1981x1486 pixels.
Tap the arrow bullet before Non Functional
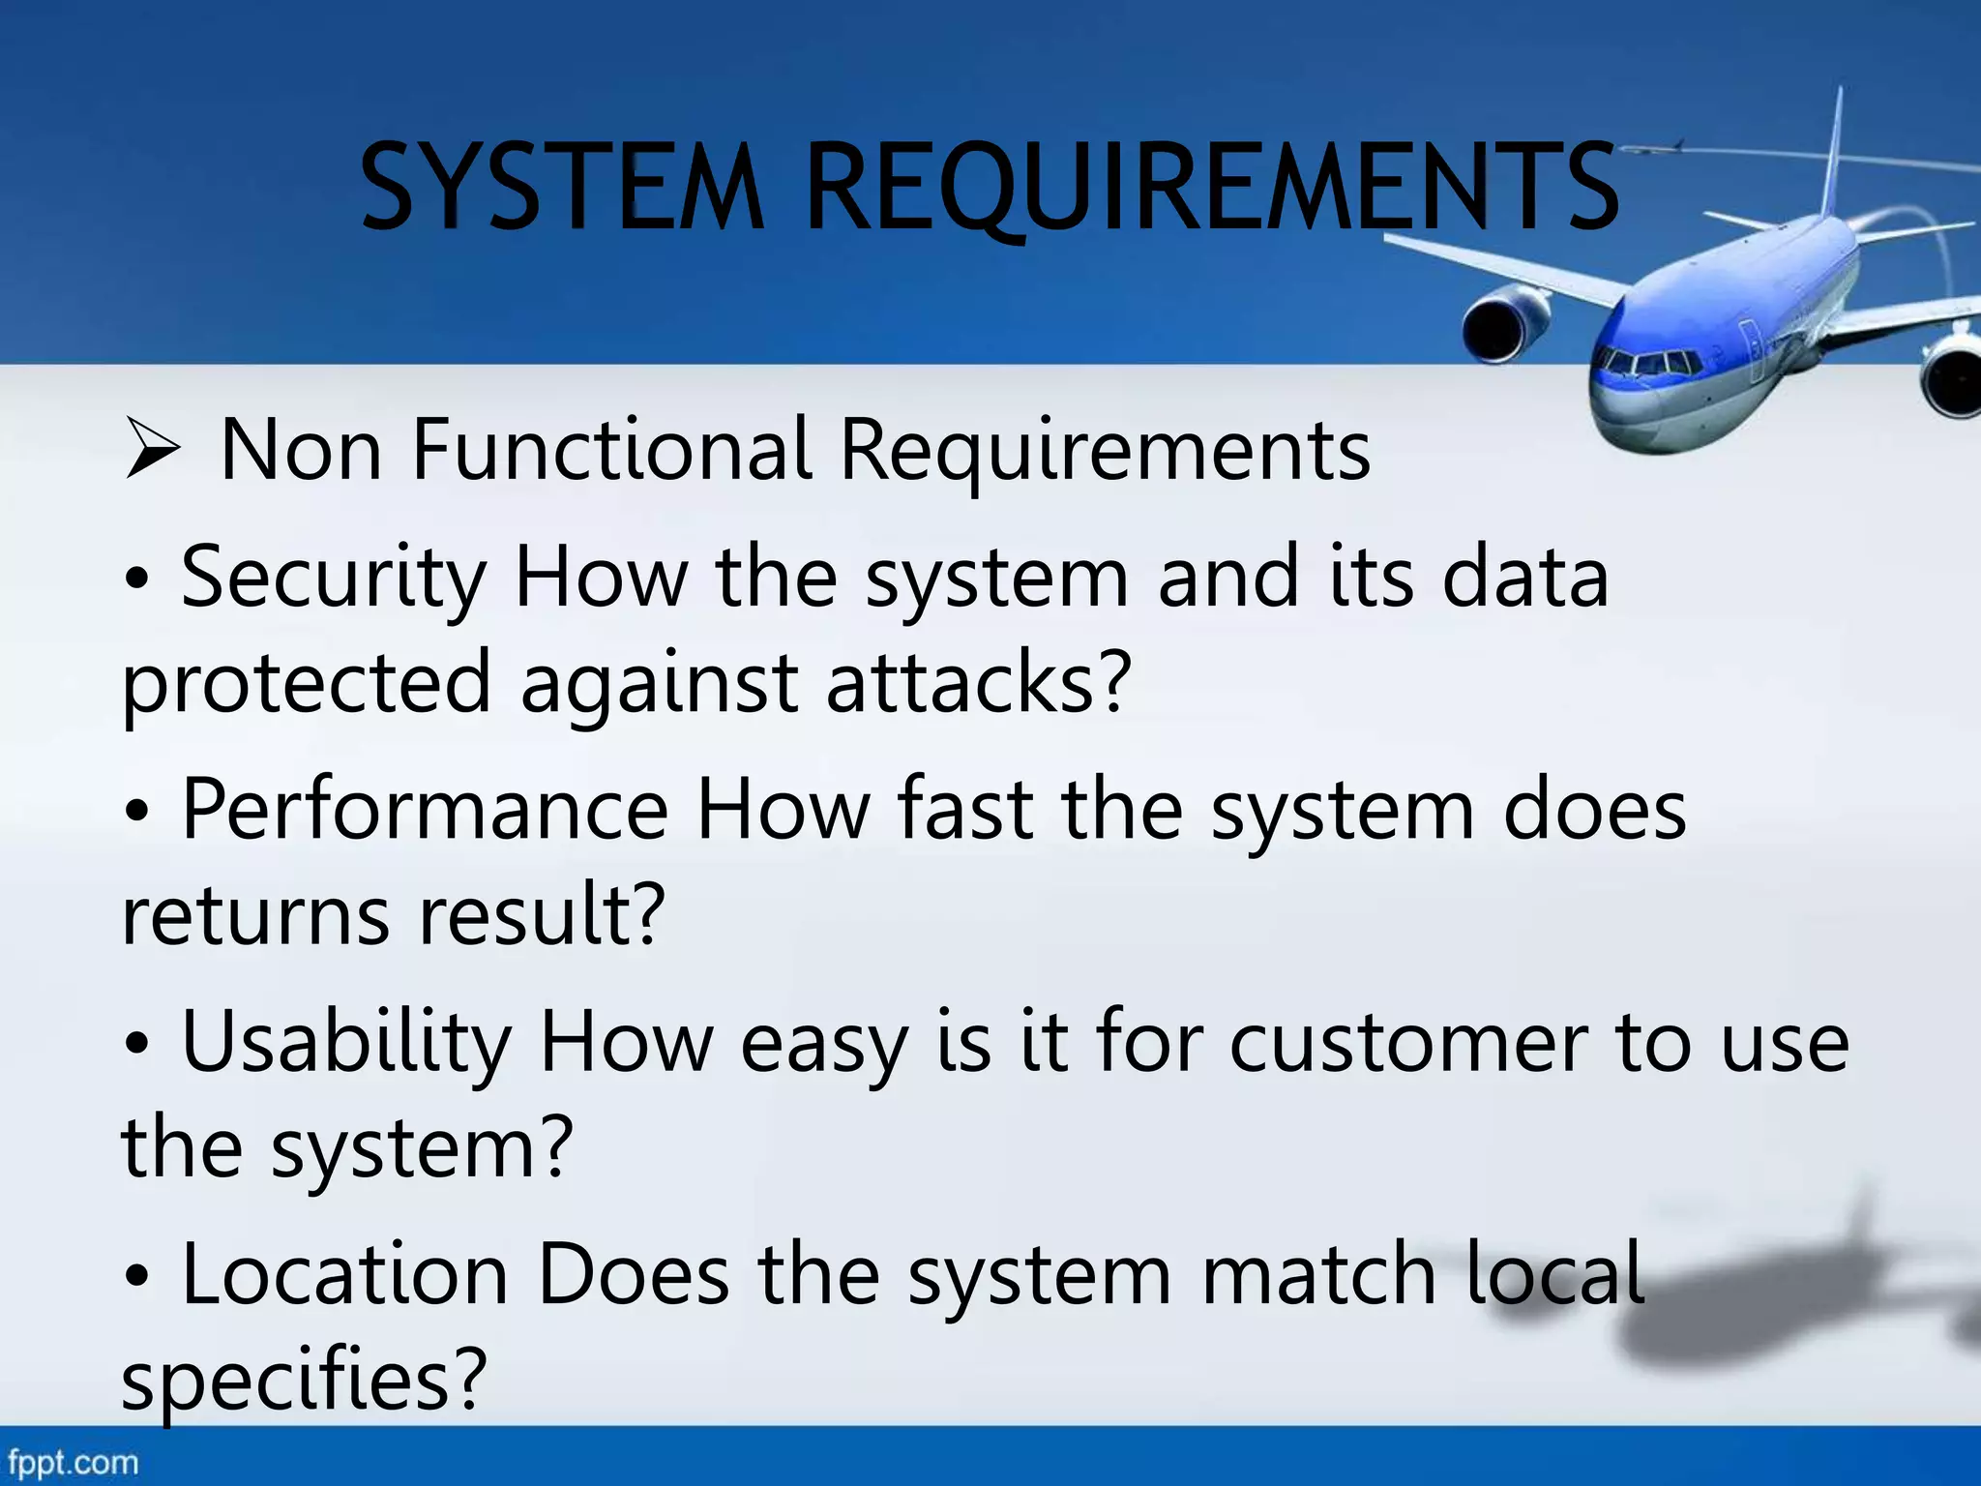click(x=153, y=451)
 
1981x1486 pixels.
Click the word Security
click(x=334, y=578)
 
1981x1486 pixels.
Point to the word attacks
click(x=977, y=682)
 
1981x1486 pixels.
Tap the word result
click(x=542, y=914)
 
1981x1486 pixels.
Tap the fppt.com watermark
click(x=74, y=1462)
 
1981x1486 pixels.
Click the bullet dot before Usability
click(x=137, y=1045)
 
